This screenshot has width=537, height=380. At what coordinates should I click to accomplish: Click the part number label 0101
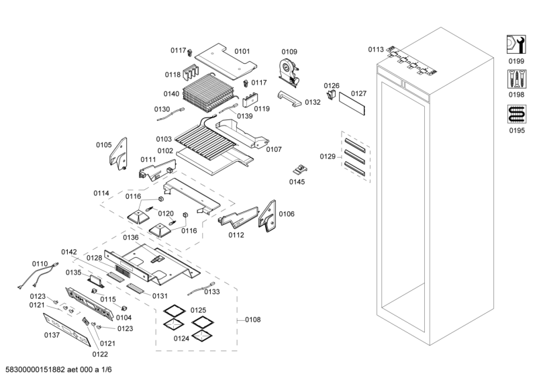coord(242,51)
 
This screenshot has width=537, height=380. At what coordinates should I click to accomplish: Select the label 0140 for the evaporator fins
coord(171,94)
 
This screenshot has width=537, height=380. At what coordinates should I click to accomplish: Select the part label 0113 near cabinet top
coord(376,50)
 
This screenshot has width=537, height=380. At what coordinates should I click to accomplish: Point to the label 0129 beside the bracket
coord(328,156)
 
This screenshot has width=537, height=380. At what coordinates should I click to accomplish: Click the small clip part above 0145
coord(301,170)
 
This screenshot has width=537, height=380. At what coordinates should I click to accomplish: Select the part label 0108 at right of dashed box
coord(252,320)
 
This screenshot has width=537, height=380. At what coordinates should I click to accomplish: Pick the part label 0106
coord(286,214)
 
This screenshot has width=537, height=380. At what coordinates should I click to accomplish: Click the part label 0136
coord(131,237)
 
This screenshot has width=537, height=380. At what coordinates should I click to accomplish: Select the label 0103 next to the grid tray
coord(165,139)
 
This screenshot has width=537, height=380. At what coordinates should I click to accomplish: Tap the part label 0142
coord(70,252)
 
